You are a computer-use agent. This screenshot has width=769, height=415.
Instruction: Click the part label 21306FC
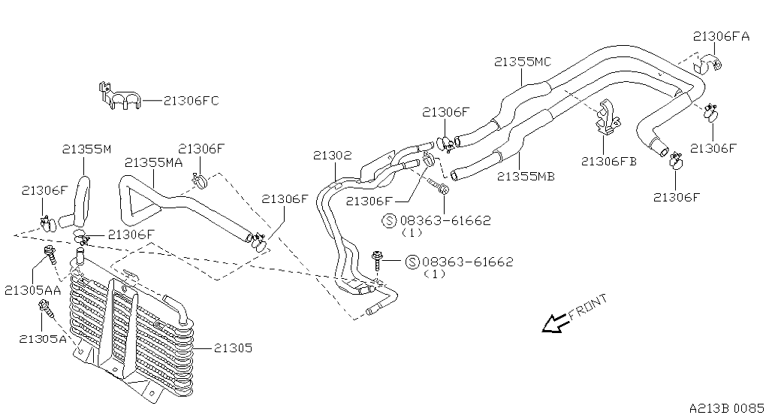point(191,101)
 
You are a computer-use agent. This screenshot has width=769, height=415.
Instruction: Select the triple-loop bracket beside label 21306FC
point(119,96)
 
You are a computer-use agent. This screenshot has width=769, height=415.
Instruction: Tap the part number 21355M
point(87,149)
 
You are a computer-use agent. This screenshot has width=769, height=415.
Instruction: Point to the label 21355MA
point(153,162)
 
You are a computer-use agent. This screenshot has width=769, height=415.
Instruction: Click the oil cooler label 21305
point(233,348)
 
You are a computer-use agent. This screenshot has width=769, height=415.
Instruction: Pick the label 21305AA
point(33,290)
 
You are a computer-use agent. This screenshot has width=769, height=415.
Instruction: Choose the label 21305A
point(43,338)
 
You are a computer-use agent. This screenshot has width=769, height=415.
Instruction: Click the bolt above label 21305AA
point(50,254)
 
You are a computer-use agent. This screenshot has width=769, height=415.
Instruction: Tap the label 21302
point(333,156)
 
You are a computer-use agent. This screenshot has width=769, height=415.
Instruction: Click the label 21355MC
point(523,62)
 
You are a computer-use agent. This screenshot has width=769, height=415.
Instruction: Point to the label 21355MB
point(526,177)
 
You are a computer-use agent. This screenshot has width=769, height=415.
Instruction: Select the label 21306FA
point(722,36)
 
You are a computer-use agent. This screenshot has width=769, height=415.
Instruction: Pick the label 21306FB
point(609,161)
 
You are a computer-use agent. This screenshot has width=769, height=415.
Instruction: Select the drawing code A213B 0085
point(727,408)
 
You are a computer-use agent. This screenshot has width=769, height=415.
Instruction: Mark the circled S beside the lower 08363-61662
point(413,262)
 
